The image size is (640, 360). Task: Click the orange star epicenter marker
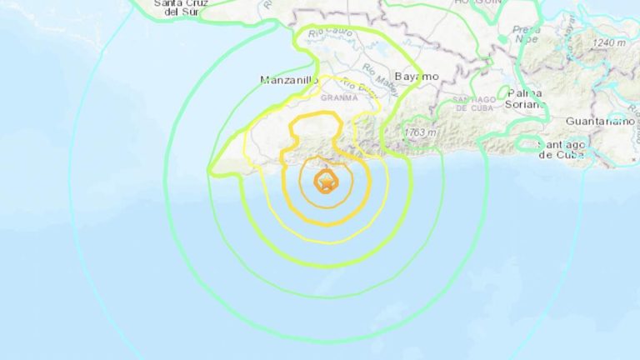[324, 180]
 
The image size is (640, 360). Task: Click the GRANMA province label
[339, 97]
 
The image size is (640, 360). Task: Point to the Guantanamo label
[601, 121]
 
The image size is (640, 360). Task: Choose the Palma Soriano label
[526, 98]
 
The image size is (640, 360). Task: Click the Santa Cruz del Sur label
[183, 7]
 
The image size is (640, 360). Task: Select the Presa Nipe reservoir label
[526, 34]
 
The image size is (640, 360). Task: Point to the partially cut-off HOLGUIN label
[477, 3]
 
